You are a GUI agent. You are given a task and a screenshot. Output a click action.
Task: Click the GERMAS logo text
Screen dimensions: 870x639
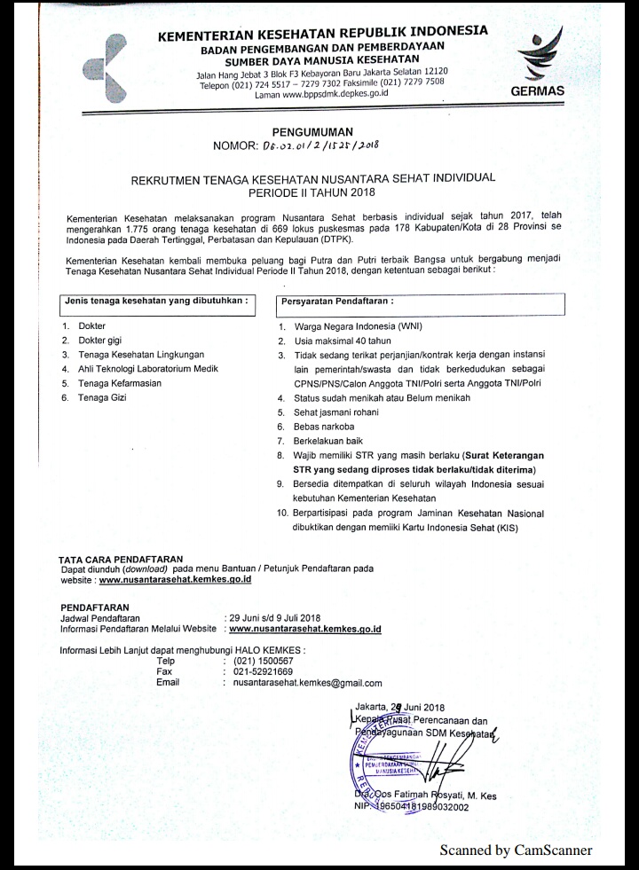[539, 90]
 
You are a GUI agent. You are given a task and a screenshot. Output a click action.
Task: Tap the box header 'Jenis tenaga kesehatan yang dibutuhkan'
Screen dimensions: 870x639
[154, 301]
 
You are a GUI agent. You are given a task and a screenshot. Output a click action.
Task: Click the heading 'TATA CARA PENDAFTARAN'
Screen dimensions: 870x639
[121, 559]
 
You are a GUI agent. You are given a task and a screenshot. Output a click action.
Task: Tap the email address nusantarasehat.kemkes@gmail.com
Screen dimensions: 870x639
[307, 683]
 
